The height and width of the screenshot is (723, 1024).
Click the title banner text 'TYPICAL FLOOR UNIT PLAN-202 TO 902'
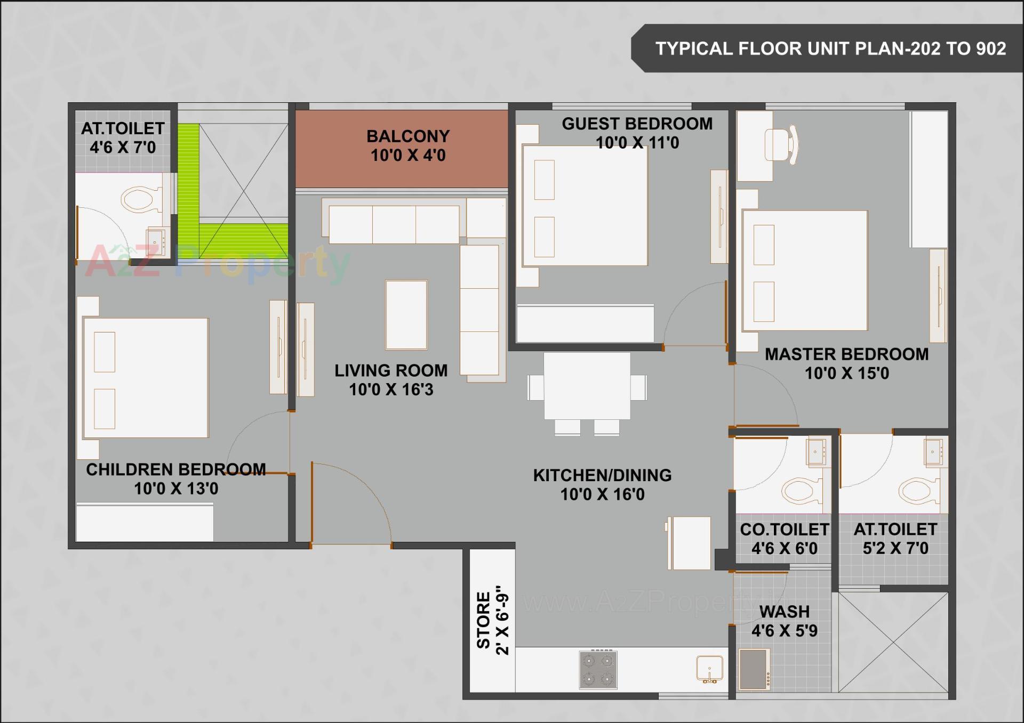pyautogui.click(x=830, y=48)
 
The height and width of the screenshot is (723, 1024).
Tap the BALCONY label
pyautogui.click(x=408, y=136)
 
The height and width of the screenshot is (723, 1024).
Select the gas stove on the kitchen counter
pyautogui.click(x=598, y=670)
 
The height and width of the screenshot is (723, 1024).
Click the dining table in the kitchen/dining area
pyautogui.click(x=587, y=386)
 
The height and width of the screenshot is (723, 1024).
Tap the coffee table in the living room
pyautogui.click(x=406, y=315)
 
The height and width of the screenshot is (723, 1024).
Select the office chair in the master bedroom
pyautogui.click(x=781, y=144)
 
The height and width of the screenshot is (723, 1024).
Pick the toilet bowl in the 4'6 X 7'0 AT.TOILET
pyautogui.click(x=140, y=200)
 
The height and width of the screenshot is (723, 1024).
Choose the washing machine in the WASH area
pyautogui.click(x=754, y=670)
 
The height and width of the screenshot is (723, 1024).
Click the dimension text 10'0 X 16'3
pyautogui.click(x=391, y=389)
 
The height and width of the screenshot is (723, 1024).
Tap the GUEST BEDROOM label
pyautogui.click(x=637, y=124)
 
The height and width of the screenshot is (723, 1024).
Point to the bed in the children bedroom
pyautogui.click(x=145, y=378)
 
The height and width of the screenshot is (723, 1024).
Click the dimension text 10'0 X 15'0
pyautogui.click(x=846, y=373)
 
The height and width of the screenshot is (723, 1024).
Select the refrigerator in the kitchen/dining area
pyautogui.click(x=689, y=542)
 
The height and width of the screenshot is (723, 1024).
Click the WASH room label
pyautogui.click(x=784, y=611)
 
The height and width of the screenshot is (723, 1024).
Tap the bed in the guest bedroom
pyautogui.click(x=585, y=206)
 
